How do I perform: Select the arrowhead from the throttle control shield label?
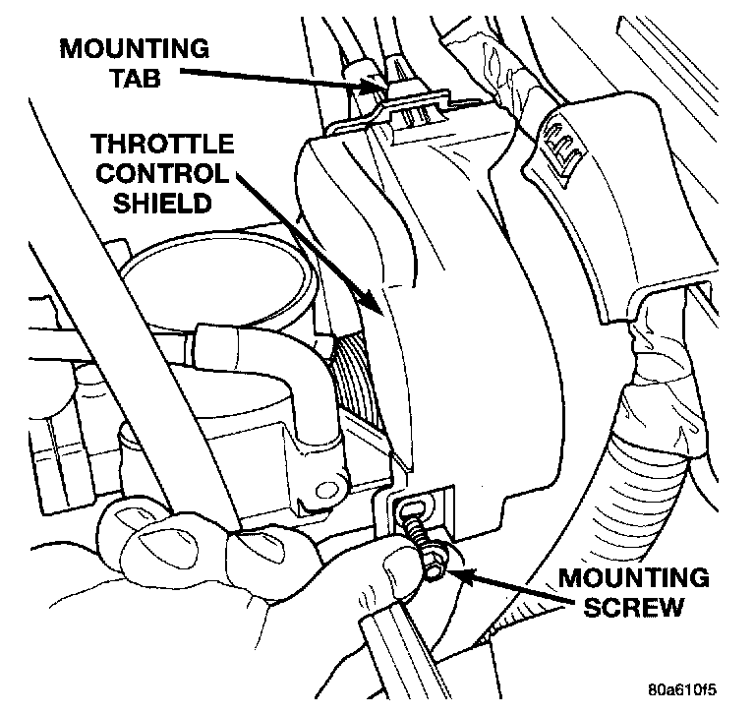(378, 306)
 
